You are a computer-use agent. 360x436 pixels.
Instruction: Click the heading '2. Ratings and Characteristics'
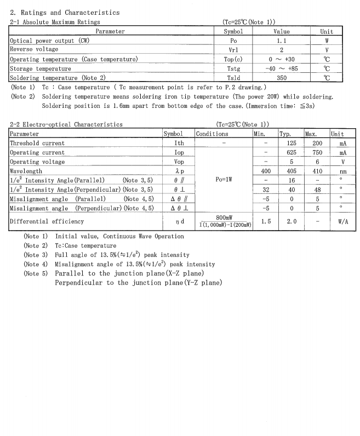pos(65,13)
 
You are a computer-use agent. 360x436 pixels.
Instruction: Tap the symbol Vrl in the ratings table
pos(233,50)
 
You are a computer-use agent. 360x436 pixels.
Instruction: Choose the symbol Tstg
pos(233,68)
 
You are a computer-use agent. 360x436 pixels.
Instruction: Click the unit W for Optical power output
pos(327,41)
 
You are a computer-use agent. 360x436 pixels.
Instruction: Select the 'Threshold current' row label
pos(37,143)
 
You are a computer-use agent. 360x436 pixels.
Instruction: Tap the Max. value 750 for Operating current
pos(314,152)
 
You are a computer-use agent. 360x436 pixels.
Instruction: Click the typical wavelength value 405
pos(292,171)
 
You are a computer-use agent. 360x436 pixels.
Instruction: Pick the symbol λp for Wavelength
pos(179,171)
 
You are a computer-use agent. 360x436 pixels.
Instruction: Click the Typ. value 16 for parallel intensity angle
pos(292,180)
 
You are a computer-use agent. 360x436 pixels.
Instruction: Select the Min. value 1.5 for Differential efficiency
pos(266,221)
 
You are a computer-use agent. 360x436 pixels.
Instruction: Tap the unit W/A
pos(342,221)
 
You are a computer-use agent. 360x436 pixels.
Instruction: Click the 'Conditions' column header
pos(212,134)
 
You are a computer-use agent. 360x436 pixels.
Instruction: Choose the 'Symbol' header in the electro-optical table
pos(173,134)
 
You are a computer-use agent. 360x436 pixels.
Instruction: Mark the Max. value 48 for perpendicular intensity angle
pos(314,190)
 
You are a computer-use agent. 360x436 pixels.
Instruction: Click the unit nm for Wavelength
pos(342,171)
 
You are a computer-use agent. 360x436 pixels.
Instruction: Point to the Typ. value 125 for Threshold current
pos(292,143)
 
